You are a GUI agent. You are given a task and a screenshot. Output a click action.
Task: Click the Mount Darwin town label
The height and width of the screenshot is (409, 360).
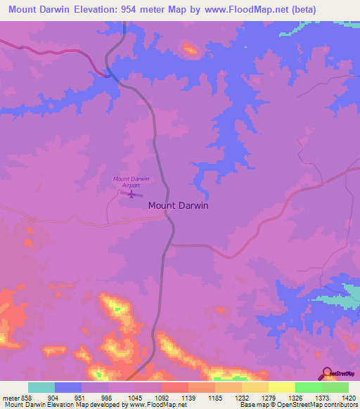click(178, 207)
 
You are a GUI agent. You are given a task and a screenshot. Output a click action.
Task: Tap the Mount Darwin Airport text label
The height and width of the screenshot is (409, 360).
click(131, 182)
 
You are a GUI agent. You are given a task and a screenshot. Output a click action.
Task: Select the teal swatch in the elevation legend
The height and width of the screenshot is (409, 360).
click(41, 387)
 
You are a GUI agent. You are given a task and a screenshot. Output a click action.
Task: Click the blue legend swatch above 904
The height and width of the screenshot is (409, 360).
click(67, 387)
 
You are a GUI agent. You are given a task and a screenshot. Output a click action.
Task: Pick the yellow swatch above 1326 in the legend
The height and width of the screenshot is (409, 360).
click(281, 387)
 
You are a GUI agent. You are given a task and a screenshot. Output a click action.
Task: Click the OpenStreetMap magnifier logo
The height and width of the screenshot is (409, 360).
click(326, 373)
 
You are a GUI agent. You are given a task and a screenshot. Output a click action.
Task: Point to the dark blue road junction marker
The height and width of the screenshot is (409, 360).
click(108, 73)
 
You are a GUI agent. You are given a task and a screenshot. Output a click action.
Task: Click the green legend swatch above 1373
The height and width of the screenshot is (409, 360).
click(308, 387)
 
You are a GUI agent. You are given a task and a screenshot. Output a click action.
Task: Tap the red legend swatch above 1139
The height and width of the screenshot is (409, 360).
click(174, 387)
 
